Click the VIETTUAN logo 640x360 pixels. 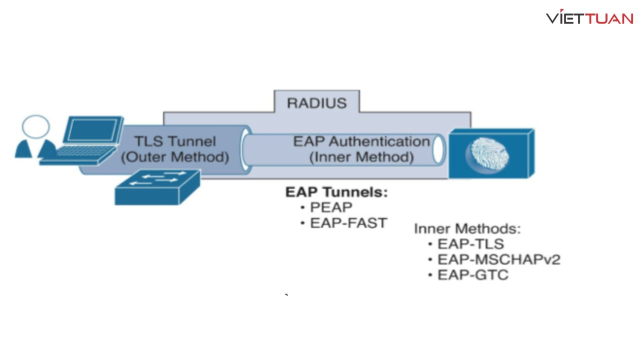pyautogui.click(x=589, y=18)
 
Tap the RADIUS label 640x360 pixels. pyautogui.click(x=316, y=103)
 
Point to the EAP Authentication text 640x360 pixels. pyautogui.click(x=361, y=141)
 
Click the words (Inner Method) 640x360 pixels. pyautogui.click(x=361, y=157)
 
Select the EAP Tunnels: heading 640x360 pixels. pyautogui.click(x=336, y=192)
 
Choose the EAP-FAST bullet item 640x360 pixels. pyautogui.click(x=348, y=223)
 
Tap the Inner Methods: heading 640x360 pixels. pyautogui.click(x=467, y=228)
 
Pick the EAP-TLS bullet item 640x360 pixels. pyautogui.click(x=470, y=244)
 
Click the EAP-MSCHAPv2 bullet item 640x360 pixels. pyautogui.click(x=498, y=259)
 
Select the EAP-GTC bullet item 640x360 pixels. pyautogui.click(x=473, y=275)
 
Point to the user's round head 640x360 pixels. pyautogui.click(x=36, y=126)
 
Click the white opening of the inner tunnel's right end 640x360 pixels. pyautogui.click(x=438, y=149)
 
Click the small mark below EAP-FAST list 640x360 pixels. pyautogui.click(x=286, y=295)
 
